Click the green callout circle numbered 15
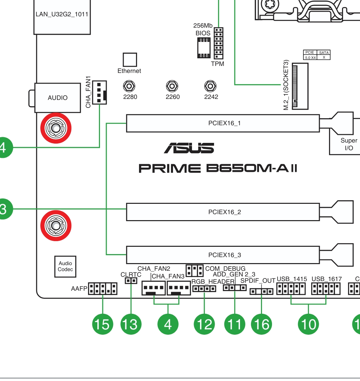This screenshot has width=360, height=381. point(103,324)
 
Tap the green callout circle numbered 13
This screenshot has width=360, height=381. point(131,324)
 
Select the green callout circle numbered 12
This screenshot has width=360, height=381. point(204,324)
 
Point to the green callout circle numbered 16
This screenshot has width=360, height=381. point(261,324)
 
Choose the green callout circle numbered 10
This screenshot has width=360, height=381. point(308,324)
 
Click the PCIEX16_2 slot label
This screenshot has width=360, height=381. point(225,212)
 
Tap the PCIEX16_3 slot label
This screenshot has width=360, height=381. point(225,255)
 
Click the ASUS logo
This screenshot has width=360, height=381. point(189,148)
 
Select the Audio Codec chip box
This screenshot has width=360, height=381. point(65,266)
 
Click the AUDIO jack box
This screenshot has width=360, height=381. point(58,98)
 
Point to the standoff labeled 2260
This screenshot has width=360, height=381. point(172,86)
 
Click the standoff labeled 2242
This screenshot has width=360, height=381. point(210,86)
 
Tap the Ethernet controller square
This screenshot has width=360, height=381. point(130,60)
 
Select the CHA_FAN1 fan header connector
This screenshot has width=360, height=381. point(99,92)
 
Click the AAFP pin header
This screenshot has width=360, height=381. point(103,289)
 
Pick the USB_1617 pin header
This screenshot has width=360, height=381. point(326,289)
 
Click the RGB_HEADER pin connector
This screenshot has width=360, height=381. point(204,289)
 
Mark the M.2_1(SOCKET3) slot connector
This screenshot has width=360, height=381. point(300,86)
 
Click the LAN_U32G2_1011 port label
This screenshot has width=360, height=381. point(62,14)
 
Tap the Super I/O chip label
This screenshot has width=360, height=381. point(349,144)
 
